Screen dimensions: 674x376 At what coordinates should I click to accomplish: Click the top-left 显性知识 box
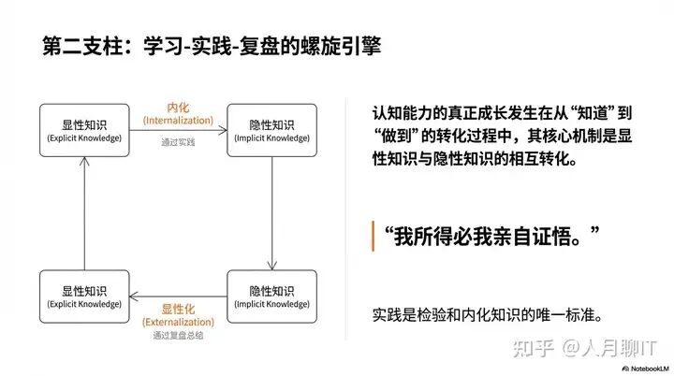pos(84,130)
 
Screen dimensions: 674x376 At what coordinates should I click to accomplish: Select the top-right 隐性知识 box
pos(271,130)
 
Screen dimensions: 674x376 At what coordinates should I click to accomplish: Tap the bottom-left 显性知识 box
pos(84,296)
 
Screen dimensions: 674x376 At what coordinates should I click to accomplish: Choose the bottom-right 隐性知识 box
pos(271,296)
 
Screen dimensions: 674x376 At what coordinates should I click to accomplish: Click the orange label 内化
pos(178,108)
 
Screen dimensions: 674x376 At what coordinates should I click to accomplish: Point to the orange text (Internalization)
pos(178,121)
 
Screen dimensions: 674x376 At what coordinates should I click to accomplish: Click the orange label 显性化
pos(178,309)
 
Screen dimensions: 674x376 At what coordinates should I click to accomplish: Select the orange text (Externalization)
pos(178,322)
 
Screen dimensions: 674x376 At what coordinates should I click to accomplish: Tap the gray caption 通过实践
pos(178,142)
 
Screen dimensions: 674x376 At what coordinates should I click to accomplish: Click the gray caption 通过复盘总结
pos(178,335)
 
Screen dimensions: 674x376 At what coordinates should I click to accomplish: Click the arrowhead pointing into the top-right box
pos(223,130)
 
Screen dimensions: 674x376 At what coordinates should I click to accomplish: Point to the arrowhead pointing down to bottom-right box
pos(271,265)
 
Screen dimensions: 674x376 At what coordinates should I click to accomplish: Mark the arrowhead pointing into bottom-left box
pos(134,296)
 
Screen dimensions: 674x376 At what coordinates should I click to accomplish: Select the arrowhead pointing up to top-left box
pos(84,162)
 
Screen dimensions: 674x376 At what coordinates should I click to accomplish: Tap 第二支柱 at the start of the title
pos(82,46)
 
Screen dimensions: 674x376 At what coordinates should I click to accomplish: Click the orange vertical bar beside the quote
pos(373,236)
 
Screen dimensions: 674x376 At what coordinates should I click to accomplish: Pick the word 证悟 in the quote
pos(552,237)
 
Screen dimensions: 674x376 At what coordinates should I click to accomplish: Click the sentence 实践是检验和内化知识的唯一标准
pos(487,315)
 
